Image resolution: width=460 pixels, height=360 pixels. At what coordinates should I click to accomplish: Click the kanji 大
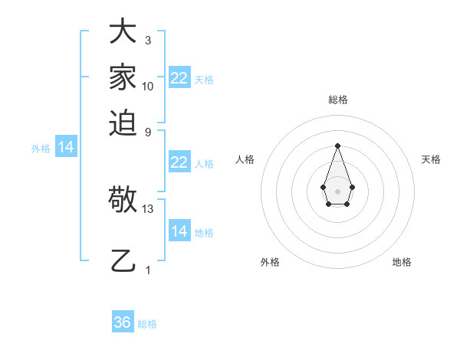(123, 32)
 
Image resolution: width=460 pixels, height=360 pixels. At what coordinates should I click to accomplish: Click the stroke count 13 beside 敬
(149, 208)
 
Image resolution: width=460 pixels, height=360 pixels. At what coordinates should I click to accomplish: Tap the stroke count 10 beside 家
(148, 86)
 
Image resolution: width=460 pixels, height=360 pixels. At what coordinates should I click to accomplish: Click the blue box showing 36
(123, 322)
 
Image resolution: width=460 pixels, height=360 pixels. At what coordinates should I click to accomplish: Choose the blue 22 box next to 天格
(179, 78)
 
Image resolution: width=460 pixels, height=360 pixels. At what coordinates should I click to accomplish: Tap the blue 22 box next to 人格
(179, 162)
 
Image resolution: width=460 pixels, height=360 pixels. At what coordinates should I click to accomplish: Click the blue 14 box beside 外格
(66, 148)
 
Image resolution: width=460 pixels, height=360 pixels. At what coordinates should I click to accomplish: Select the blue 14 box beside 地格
(179, 231)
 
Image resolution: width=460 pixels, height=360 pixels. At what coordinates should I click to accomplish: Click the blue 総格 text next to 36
(147, 324)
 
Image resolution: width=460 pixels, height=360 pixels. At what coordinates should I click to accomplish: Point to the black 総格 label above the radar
(337, 100)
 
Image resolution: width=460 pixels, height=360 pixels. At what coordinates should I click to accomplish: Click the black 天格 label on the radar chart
(431, 159)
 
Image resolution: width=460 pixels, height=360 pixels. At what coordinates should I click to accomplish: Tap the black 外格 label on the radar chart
(270, 262)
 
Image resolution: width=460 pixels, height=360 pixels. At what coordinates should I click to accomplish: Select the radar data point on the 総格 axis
(337, 146)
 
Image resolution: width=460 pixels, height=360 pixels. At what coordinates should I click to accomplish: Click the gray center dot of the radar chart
(337, 191)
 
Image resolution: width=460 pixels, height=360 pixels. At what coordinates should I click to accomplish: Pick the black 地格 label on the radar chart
(402, 262)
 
